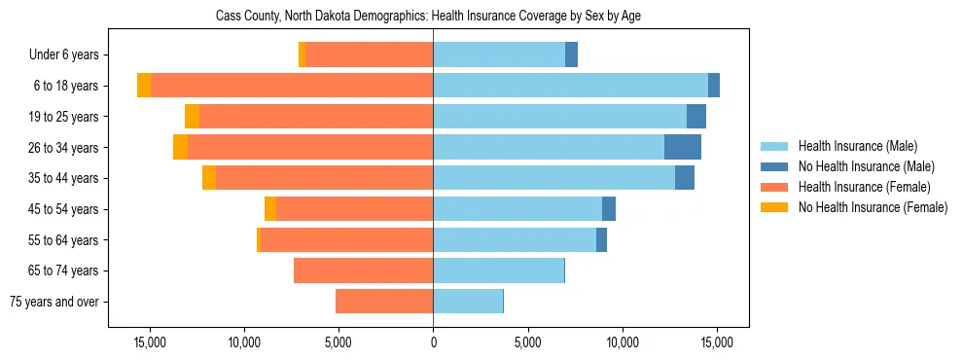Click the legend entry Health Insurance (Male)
(x=857, y=146)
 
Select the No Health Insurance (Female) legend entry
(x=872, y=207)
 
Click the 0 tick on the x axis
(x=433, y=342)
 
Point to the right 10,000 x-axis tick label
(x=623, y=342)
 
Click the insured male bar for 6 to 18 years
(x=570, y=86)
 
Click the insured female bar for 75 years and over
(x=384, y=302)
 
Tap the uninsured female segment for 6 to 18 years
(x=144, y=86)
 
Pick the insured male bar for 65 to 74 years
(x=498, y=270)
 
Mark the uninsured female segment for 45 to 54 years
(x=270, y=209)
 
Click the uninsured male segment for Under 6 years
(x=571, y=55)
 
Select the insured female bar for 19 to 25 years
(x=316, y=117)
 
